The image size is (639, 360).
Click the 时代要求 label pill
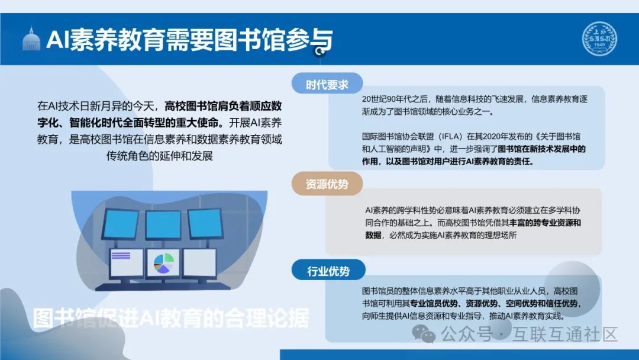point(327,85)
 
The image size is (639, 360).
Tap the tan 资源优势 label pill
point(327,184)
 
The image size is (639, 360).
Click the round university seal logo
point(599,39)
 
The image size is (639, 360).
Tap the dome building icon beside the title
point(31,39)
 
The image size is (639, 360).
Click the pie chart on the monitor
point(163,263)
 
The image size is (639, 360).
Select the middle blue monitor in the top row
point(163,224)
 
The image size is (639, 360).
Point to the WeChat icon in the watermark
point(425,334)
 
